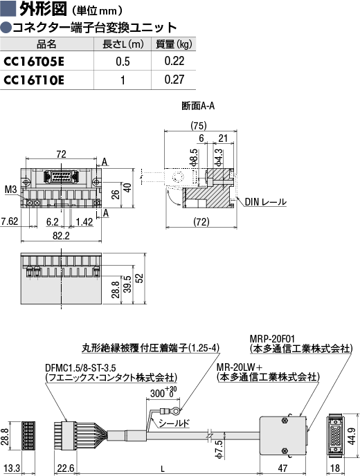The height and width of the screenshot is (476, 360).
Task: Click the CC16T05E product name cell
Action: coord(34,62)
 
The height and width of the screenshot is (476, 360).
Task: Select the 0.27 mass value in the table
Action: coord(174,80)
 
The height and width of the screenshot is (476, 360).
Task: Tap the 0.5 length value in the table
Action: coord(123,62)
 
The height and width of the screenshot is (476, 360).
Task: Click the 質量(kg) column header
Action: coord(174,44)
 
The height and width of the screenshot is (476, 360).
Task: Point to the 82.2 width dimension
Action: coord(61,235)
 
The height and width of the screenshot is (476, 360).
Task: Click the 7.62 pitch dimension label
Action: coord(10,221)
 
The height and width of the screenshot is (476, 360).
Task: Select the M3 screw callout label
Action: coord(11,190)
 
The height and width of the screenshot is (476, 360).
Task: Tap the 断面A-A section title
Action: coord(198,106)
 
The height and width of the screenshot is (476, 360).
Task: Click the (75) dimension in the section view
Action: coord(199,125)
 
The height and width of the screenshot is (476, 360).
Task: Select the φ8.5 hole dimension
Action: coord(194,158)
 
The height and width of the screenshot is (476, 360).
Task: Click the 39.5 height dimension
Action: coord(128,284)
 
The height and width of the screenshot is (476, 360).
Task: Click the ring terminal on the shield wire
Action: coord(171,412)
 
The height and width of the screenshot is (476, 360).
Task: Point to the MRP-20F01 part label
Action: coord(272,338)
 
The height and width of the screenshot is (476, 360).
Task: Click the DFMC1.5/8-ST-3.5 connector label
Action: coord(80,367)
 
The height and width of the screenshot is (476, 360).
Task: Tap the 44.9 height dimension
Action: coord(352,436)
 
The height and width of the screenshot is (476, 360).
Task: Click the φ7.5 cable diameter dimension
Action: coord(219,449)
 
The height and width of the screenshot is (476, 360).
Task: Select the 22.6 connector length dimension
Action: coord(66,468)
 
